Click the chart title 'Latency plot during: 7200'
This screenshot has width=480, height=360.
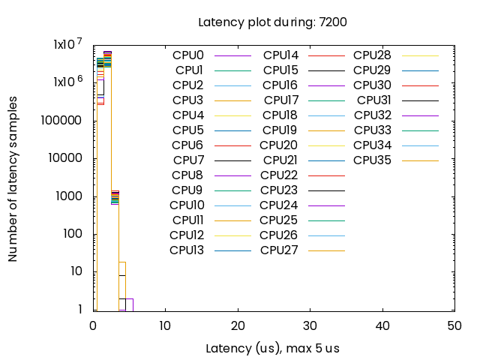(x=272, y=22)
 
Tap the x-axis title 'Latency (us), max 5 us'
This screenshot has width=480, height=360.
(x=272, y=349)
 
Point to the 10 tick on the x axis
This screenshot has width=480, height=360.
(x=165, y=325)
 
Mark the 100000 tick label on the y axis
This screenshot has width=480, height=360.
(x=64, y=121)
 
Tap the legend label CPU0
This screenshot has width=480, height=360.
(x=188, y=55)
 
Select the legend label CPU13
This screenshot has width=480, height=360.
(x=187, y=250)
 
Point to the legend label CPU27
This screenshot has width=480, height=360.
(x=280, y=250)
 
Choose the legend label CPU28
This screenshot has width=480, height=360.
(x=373, y=55)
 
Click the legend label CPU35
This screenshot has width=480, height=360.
(x=373, y=160)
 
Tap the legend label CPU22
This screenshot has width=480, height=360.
(x=280, y=175)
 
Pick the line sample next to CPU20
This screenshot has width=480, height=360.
(x=326, y=145)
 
